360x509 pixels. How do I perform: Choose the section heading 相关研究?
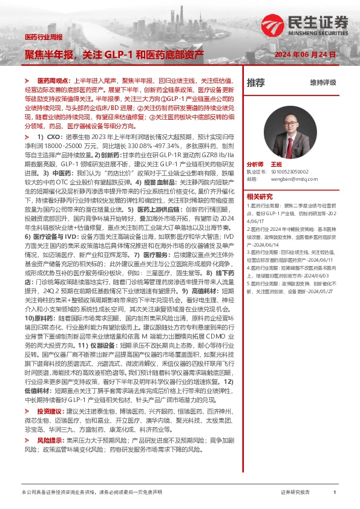point(260,196)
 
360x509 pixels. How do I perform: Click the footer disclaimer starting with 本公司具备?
point(91,493)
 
